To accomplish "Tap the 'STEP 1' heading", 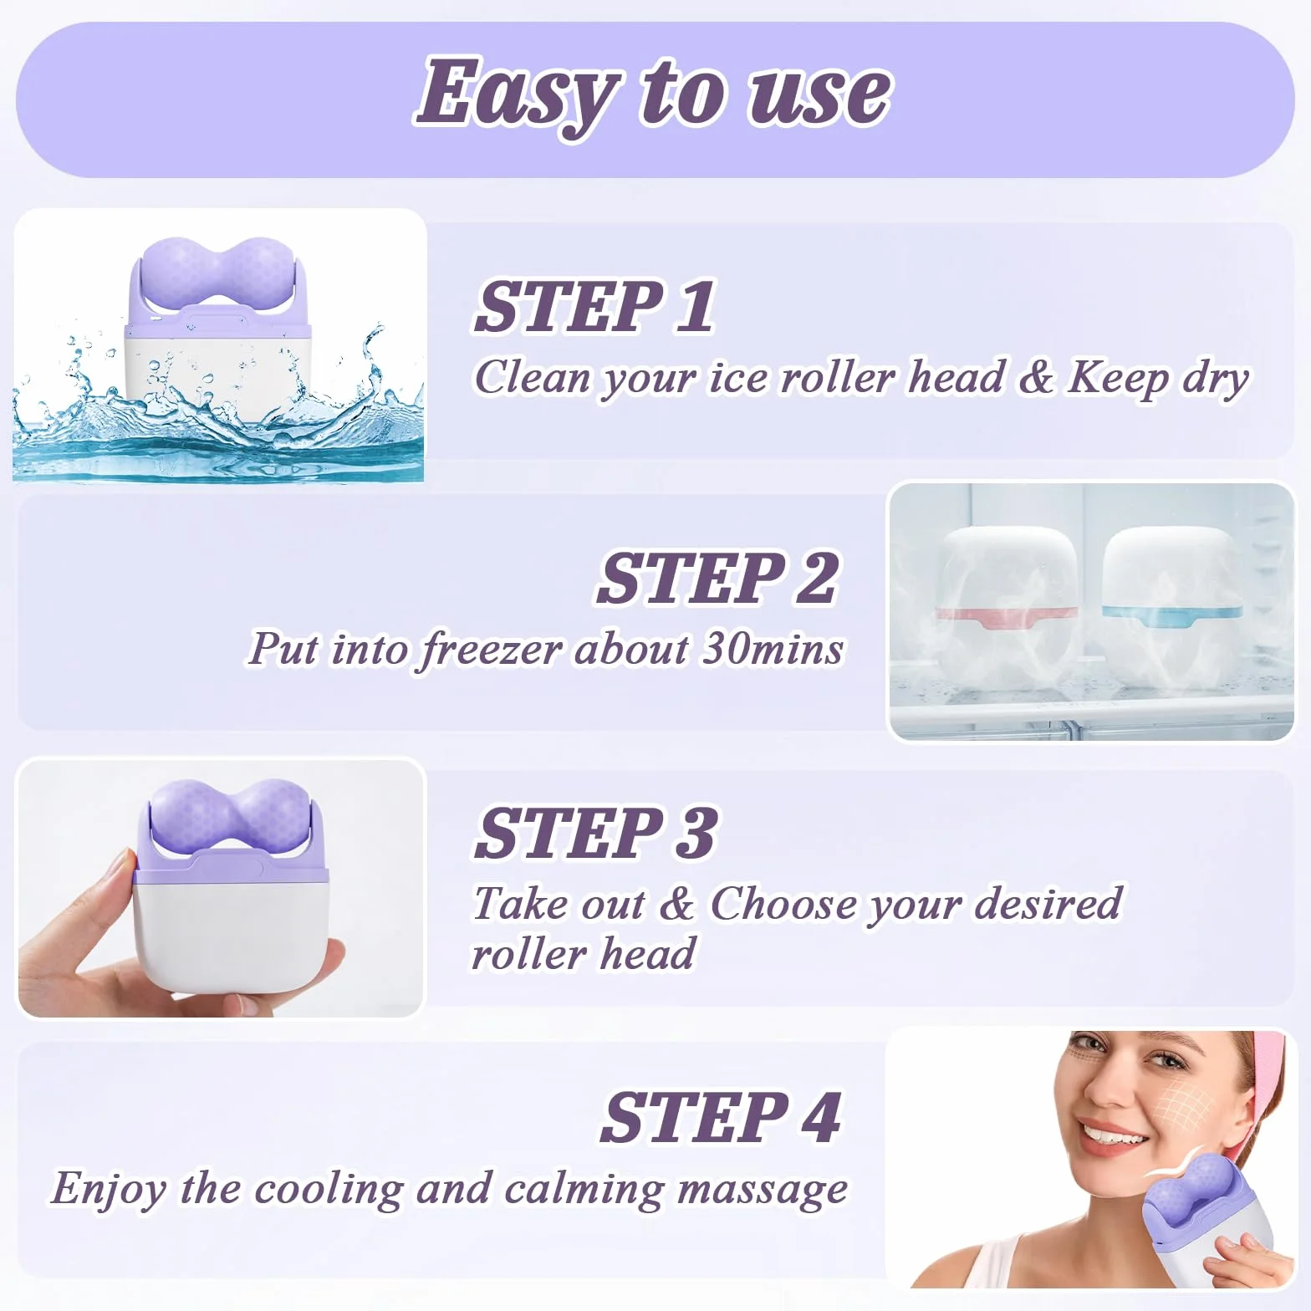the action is coord(595,307).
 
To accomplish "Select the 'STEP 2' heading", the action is coord(717,578).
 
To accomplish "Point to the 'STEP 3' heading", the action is coord(596,833).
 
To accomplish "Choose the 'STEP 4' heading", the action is coord(721,1117).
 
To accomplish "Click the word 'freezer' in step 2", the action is coord(491,650).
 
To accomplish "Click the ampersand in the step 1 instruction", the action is coord(1036,377).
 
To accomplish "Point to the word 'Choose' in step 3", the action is coord(783,904).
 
